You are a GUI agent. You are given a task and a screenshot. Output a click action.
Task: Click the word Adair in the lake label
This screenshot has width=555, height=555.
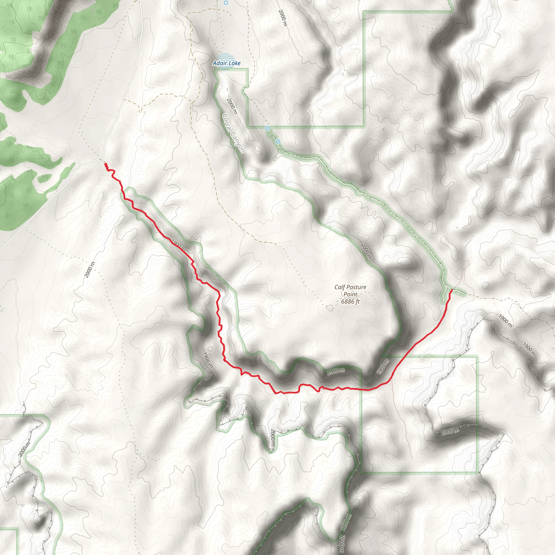coord(220,63)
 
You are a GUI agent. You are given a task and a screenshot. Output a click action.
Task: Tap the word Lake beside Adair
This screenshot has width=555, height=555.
coord(234,63)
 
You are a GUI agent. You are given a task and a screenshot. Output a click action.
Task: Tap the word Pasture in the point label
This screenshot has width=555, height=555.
coord(356,287)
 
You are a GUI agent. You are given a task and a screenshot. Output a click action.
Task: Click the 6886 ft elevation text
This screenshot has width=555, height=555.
coord(350,302)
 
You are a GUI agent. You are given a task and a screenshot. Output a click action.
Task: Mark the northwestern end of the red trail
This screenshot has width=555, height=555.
coord(106,164)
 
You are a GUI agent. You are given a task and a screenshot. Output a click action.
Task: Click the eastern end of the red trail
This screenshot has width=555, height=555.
coord(452,290)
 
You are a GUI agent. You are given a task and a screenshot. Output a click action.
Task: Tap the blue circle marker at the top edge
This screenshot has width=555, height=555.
coord(226,3)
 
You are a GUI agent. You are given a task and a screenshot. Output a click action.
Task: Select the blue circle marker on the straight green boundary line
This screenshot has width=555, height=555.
coord(267,128)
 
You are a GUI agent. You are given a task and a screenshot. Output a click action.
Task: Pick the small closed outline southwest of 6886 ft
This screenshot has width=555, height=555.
coord(329,308)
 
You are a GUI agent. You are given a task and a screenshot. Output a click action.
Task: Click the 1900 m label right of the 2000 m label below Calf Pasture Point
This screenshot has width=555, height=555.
coord(383,367)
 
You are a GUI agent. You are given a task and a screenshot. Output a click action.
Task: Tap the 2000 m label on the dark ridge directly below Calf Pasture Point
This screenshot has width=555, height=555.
coord(336,371)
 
